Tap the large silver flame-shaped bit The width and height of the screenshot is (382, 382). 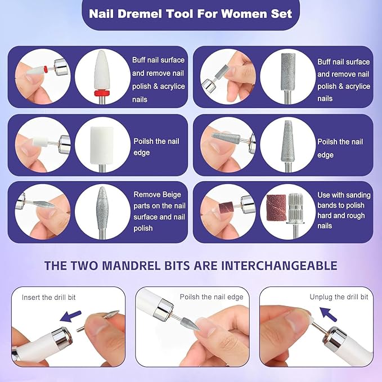[x=102, y=206]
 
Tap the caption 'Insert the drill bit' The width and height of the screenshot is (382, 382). [x=50, y=296]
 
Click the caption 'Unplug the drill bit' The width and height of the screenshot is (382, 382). [x=339, y=296]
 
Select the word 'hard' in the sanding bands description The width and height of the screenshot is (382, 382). [x=325, y=215]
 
